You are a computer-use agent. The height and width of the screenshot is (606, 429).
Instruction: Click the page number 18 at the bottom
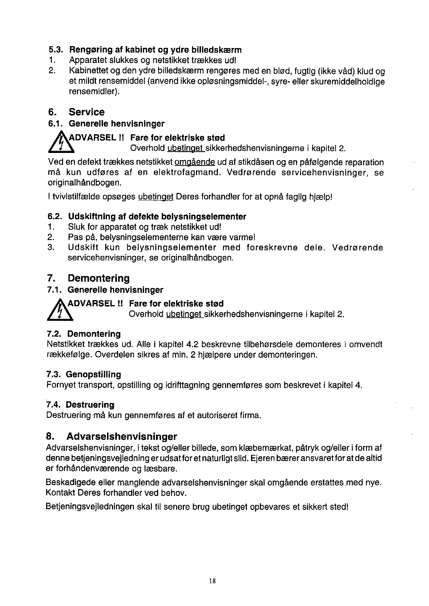point(212,580)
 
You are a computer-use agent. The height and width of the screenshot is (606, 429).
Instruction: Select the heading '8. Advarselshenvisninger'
point(112,437)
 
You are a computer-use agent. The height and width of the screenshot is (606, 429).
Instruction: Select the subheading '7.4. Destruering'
point(80,405)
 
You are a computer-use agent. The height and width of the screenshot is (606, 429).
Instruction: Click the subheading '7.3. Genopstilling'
point(84,374)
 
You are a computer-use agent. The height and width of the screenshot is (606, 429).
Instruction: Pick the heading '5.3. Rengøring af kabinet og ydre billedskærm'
point(145,49)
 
